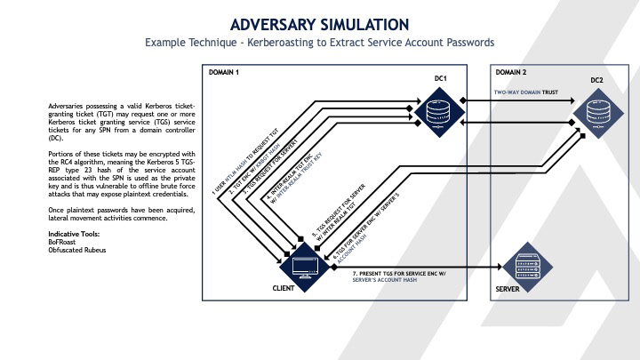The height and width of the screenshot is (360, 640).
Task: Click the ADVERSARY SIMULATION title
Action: pyautogui.click(x=320, y=23)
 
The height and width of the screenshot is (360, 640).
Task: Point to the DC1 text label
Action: pyautogui.click(x=439, y=80)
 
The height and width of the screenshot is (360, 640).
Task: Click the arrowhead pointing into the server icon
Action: pyautogui.click(x=497, y=264)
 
